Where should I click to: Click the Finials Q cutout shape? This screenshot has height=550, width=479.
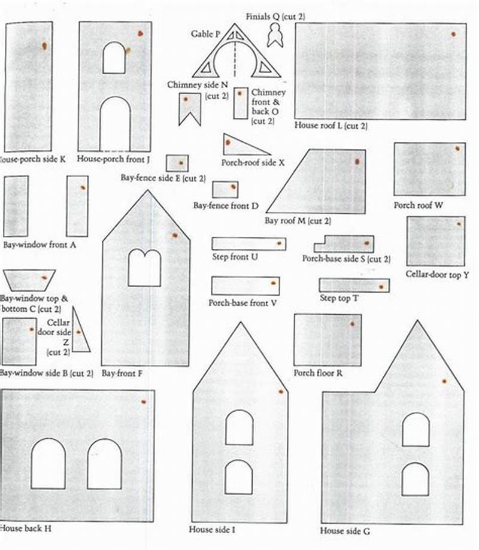(275, 38)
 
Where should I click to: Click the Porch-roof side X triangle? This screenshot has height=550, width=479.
(237, 145)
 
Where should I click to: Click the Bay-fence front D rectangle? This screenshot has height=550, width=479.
(225, 190)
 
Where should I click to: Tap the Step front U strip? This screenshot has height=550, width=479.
(248, 244)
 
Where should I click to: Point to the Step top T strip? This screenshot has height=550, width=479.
(354, 285)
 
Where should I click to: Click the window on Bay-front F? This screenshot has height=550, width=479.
(144, 267)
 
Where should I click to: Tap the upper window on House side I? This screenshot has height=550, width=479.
(239, 427)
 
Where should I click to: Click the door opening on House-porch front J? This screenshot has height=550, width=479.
(115, 124)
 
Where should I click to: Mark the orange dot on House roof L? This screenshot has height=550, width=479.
(453, 34)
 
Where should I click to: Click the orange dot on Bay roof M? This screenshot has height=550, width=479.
(357, 162)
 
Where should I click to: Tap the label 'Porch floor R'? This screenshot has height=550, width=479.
(318, 373)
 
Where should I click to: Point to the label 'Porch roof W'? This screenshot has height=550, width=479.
(419, 205)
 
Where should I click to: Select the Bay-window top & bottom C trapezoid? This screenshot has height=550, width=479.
(29, 280)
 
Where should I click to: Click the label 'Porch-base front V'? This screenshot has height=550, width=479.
(242, 303)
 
